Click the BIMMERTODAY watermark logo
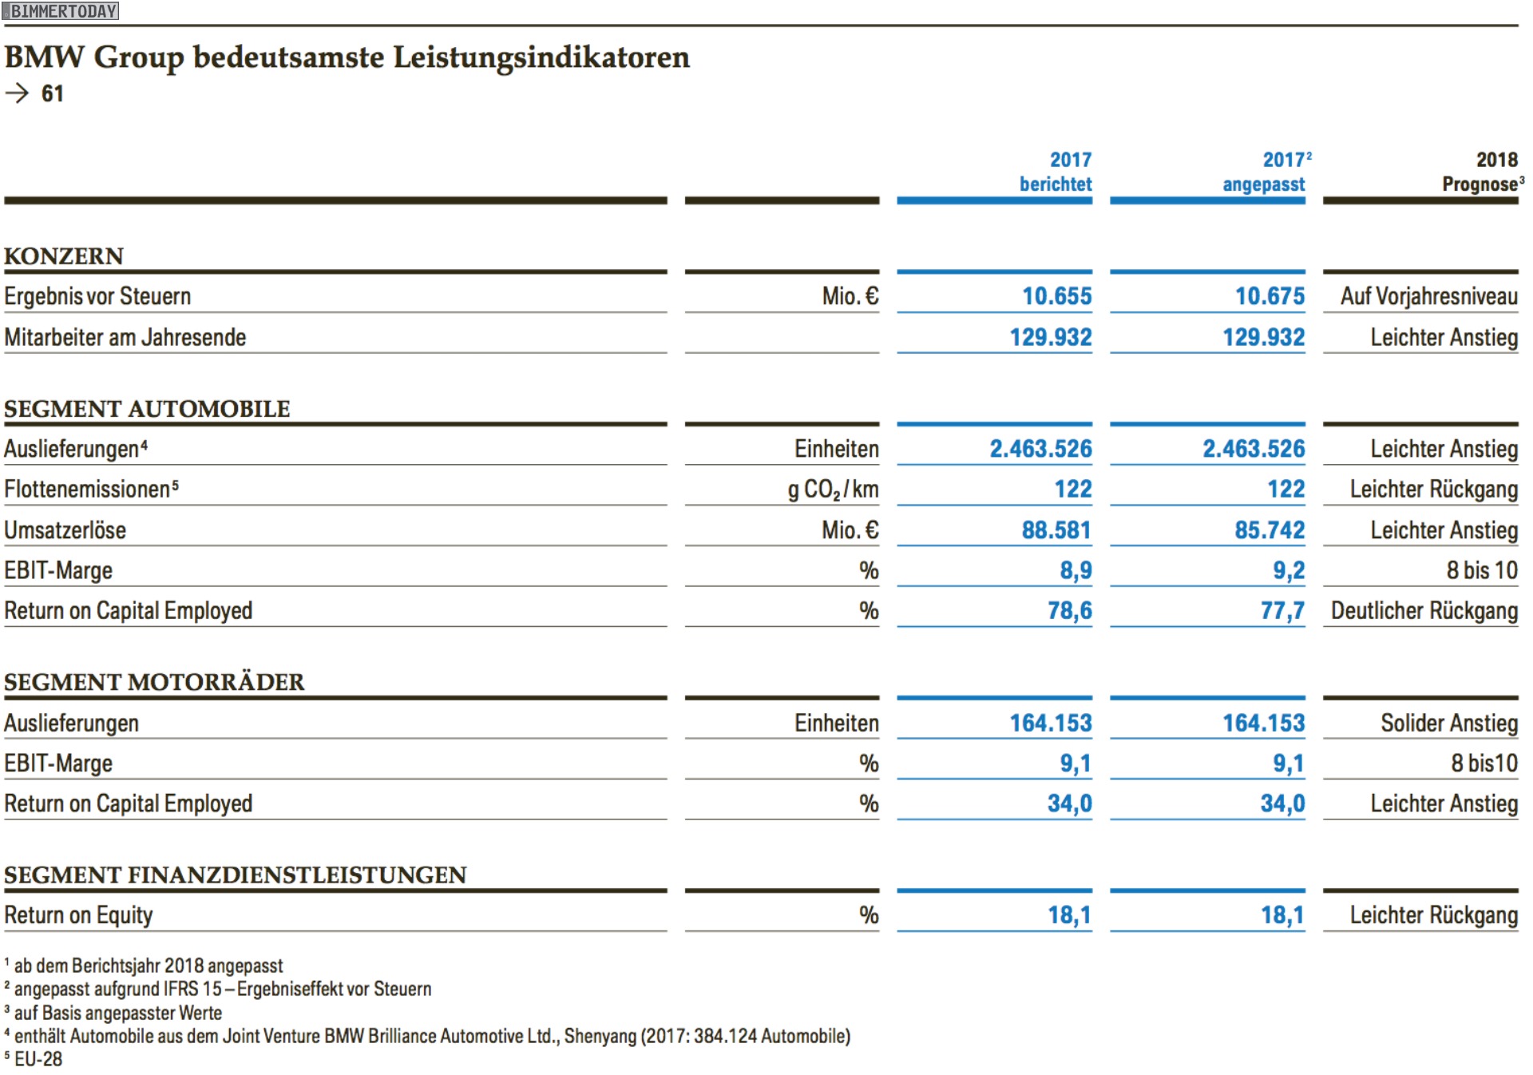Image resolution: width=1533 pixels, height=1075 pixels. [61, 10]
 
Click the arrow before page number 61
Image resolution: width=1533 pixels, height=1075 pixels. [17, 93]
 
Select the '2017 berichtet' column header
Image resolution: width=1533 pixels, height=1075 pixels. [1056, 172]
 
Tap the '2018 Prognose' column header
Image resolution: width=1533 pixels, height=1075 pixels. [1483, 172]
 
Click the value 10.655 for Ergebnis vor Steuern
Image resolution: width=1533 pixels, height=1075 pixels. [1057, 296]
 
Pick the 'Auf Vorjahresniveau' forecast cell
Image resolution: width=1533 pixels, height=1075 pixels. [1429, 296]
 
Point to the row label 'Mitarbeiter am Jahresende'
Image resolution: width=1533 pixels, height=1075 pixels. [125, 338]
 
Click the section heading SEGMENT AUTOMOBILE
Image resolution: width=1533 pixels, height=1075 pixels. [147, 409]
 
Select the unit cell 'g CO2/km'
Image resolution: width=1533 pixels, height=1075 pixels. [834, 490]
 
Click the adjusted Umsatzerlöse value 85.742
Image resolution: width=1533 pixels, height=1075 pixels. [1270, 530]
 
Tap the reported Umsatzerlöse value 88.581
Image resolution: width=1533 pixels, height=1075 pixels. [1056, 530]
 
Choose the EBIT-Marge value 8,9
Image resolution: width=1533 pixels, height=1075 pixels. [1075, 571]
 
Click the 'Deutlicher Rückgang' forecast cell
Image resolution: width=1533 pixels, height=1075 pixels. [1424, 611]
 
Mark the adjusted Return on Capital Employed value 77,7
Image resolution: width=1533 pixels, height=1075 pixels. [1282, 611]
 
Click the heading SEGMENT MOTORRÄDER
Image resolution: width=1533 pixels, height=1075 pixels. [154, 682]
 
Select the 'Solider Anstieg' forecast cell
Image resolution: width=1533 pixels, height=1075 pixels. [1449, 724]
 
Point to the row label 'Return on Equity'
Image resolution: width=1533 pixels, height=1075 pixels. [78, 915]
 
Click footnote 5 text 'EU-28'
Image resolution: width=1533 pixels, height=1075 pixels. [38, 1059]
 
